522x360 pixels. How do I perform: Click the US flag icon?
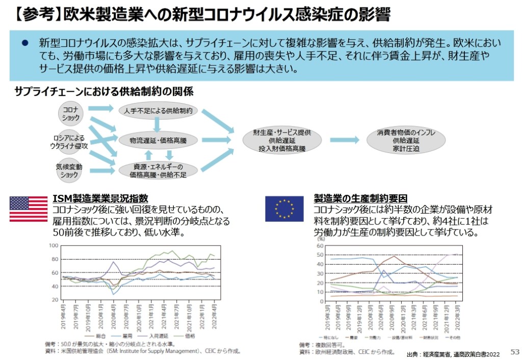click(29, 209)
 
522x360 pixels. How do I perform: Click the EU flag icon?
click(284, 209)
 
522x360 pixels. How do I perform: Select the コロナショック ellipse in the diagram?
click(70, 113)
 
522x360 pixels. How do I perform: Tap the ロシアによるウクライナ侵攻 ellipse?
click(70, 142)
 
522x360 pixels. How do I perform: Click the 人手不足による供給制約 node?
click(158, 110)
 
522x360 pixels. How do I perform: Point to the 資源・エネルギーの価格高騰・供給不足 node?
click(158, 170)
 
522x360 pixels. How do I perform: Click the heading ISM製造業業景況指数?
click(100, 198)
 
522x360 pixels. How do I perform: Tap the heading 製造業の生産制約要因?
click(360, 198)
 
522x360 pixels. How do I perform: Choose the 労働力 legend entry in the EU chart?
click(373, 338)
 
